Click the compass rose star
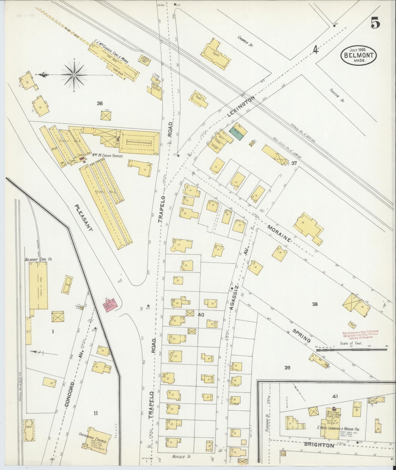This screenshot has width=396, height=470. click(x=74, y=74)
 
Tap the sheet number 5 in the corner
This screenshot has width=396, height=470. click(x=375, y=23)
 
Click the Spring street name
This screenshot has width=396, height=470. click(x=301, y=336)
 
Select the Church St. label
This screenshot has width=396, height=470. click(x=245, y=41)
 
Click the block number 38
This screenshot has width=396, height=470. click(x=315, y=304)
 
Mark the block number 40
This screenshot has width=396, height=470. click(x=201, y=315)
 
